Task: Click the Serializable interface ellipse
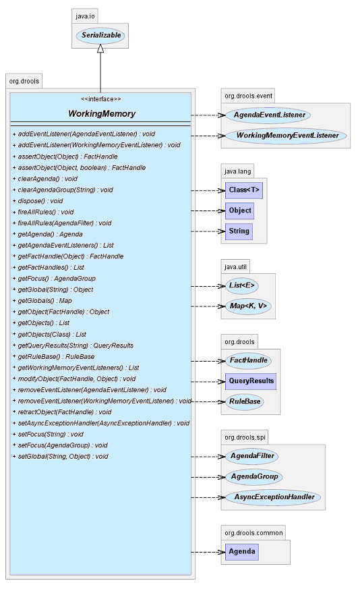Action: (100, 36)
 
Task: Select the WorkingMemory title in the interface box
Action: (102, 113)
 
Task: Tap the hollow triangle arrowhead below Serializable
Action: (100, 48)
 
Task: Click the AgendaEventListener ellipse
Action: (268, 115)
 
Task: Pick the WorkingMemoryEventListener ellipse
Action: (286, 136)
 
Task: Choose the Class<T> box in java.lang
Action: (244, 190)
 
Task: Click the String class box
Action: (239, 231)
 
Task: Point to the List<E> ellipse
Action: (242, 286)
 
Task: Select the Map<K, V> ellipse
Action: (248, 306)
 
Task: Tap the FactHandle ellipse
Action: (248, 360)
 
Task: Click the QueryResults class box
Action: (251, 381)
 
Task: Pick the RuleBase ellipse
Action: (245, 401)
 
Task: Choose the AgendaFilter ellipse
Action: (252, 456)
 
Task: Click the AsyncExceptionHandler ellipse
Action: (273, 497)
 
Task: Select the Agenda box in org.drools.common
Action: (242, 552)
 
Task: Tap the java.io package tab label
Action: (85, 16)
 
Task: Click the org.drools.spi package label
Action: (245, 437)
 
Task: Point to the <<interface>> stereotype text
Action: (101, 99)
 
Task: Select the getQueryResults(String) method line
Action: (73, 345)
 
